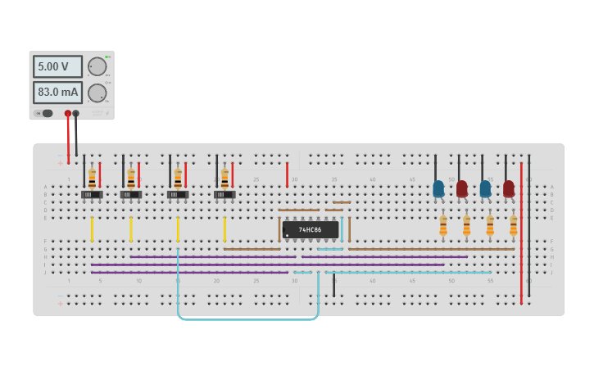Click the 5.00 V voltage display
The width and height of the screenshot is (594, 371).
click(x=57, y=66)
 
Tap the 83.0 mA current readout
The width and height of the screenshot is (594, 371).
click(x=57, y=93)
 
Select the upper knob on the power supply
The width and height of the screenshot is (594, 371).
click(x=97, y=67)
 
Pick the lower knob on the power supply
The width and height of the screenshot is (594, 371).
click(x=97, y=93)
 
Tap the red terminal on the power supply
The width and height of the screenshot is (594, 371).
click(x=68, y=114)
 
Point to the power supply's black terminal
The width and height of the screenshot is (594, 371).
click(x=76, y=114)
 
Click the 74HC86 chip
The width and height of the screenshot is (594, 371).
click(x=311, y=229)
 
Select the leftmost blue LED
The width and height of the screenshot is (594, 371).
click(x=438, y=188)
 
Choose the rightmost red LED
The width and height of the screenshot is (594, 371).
click(x=509, y=188)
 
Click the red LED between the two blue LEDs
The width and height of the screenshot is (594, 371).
click(x=462, y=188)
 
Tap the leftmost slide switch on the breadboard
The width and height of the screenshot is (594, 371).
click(x=92, y=195)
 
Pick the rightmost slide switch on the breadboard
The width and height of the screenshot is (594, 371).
click(x=224, y=195)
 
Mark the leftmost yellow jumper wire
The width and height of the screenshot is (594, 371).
click(x=92, y=229)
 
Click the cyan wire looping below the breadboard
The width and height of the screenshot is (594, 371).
click(x=246, y=319)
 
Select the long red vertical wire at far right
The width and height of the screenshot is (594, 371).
click(x=521, y=246)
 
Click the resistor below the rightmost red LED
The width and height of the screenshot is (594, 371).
click(x=514, y=224)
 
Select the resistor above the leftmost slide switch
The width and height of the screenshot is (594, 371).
click(x=92, y=177)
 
